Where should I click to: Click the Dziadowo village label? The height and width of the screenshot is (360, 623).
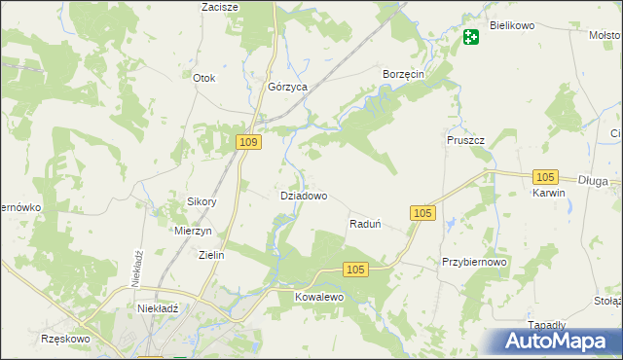(303, 196)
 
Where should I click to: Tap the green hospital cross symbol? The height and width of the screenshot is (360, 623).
(471, 38)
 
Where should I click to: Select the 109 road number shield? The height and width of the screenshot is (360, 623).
(249, 143)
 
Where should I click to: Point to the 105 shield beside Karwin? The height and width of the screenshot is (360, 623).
(545, 176)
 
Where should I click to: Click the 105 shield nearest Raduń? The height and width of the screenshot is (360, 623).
(422, 213)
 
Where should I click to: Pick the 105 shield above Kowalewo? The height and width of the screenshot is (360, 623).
(356, 270)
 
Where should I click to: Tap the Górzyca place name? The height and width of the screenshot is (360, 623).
(287, 87)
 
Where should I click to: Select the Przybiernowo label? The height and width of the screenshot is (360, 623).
(475, 263)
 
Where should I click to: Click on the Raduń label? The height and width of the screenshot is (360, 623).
(364, 224)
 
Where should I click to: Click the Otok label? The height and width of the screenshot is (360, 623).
(203, 78)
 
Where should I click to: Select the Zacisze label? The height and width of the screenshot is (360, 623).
(220, 7)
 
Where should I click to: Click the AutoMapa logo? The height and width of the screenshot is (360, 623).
(554, 341)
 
